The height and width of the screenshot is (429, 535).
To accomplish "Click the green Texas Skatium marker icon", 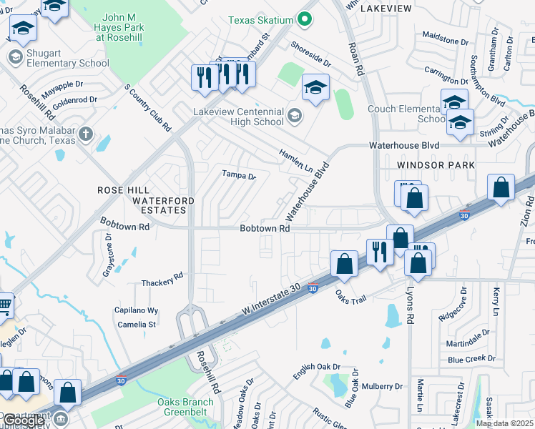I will [306, 19].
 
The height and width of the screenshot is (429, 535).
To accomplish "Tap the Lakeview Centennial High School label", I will [238, 117].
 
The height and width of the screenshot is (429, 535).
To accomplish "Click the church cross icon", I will [85, 134].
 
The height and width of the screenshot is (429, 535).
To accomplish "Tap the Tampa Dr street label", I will [238, 174].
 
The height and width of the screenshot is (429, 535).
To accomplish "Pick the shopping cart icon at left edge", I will [4, 305].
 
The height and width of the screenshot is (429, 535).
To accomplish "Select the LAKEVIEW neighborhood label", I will [386, 9].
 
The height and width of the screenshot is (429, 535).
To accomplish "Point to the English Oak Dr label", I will [317, 371].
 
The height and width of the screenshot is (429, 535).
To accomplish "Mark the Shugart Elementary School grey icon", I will [14, 56].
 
